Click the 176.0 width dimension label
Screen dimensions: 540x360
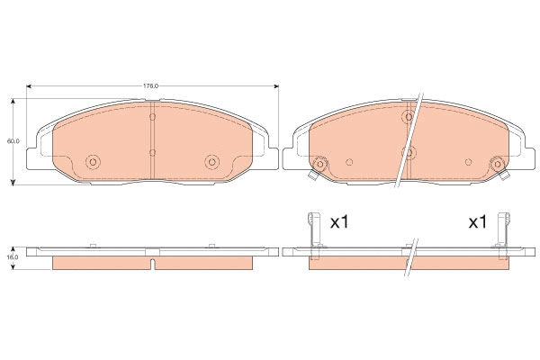click(151, 86)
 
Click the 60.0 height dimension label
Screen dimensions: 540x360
click(13, 141)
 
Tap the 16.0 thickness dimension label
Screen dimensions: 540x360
click(13, 257)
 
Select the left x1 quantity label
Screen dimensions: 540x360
click(339, 222)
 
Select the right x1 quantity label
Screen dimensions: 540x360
click(478, 222)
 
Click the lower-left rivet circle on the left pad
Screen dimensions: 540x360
click(93, 162)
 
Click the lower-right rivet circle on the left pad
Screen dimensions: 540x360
click(211, 162)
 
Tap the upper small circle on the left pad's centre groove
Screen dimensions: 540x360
click(153, 117)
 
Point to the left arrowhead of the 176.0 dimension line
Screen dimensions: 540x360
click(29, 86)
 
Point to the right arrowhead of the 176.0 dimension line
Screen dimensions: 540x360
click(276, 86)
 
